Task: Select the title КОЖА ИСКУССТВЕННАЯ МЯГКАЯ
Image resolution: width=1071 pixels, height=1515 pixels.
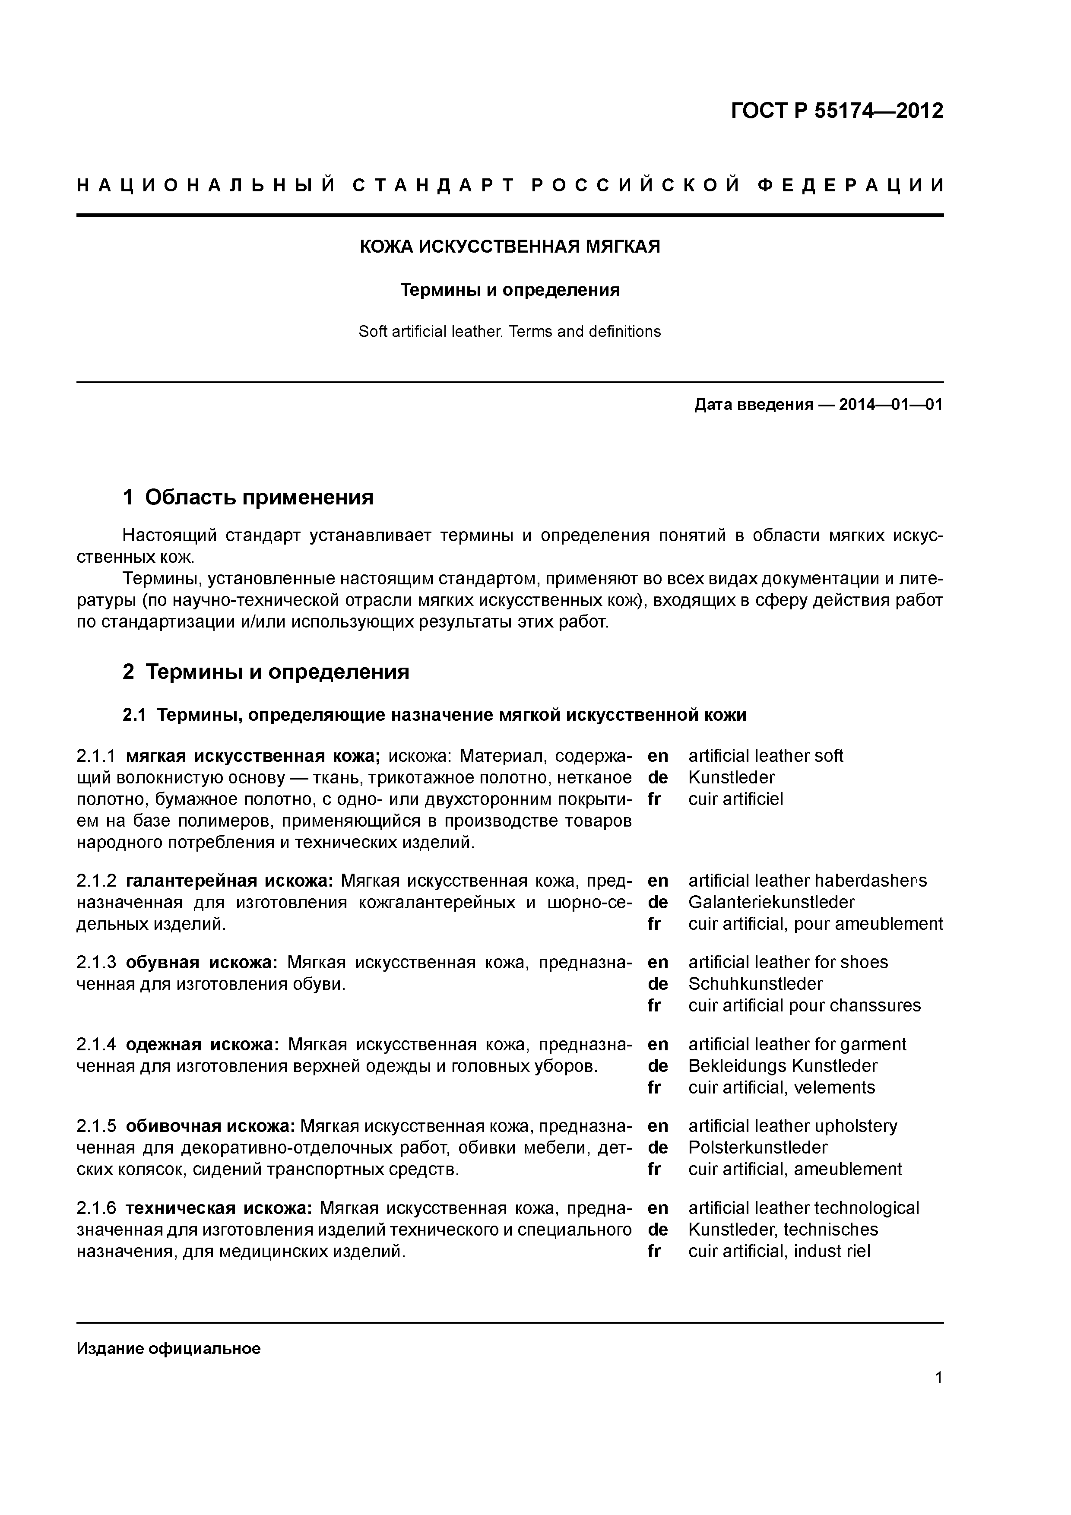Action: [510, 247]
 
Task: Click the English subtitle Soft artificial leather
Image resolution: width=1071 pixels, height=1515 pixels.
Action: [510, 331]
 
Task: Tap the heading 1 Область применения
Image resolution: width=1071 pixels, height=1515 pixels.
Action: [248, 497]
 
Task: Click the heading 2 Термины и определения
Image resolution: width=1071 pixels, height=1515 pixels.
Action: [266, 672]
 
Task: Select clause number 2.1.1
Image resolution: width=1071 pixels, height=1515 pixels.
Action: [96, 755]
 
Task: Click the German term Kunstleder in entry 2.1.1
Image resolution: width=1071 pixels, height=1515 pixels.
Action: [731, 777]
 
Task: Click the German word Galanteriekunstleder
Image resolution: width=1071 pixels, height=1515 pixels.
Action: [771, 902]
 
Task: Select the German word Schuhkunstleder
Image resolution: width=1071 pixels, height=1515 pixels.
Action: [755, 984]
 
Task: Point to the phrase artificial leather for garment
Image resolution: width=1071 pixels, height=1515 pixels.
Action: [796, 1045]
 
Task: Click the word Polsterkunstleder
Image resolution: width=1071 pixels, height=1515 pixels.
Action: [757, 1147]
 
